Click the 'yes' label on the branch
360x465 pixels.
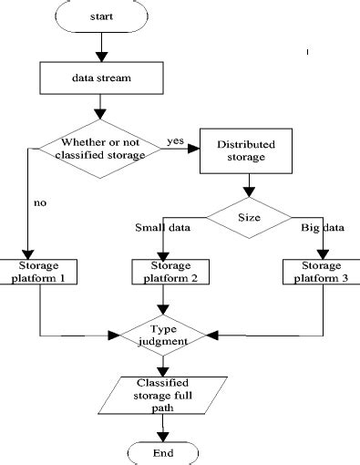point(177,141)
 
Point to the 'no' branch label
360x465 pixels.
point(40,203)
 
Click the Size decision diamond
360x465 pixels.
point(248,219)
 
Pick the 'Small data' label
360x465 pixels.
point(162,228)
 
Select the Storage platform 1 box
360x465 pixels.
point(39,272)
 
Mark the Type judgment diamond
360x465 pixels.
point(164,336)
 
